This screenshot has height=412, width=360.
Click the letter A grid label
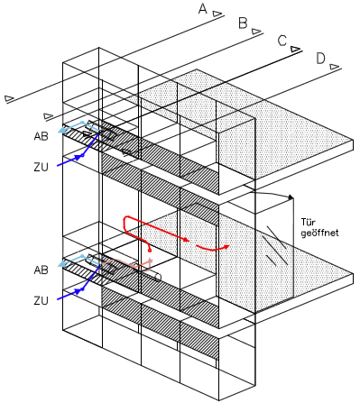(x=203, y=9)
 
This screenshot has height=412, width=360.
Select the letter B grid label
(x=243, y=23)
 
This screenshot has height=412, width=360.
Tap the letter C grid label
(x=282, y=41)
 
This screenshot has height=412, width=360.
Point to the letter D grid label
(x=321, y=59)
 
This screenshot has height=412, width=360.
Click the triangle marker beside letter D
(x=335, y=67)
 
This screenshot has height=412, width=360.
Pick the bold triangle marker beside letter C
(x=295, y=49)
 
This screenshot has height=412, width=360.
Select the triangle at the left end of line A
(x=10, y=98)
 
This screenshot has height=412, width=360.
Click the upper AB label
(x=42, y=136)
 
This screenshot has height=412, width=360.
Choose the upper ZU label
(x=42, y=167)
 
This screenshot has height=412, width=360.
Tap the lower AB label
(x=42, y=270)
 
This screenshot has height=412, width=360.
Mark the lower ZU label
(x=42, y=300)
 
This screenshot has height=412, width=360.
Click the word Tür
(x=308, y=222)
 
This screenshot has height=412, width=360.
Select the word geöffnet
(x=319, y=233)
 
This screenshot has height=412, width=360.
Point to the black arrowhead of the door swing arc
(x=291, y=197)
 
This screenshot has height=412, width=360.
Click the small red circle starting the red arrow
(x=150, y=250)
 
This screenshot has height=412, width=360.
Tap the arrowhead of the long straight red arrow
(x=187, y=240)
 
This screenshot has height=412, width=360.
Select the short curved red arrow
(x=213, y=248)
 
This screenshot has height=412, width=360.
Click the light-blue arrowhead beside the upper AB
(x=62, y=130)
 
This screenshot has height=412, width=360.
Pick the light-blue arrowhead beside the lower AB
(x=62, y=264)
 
